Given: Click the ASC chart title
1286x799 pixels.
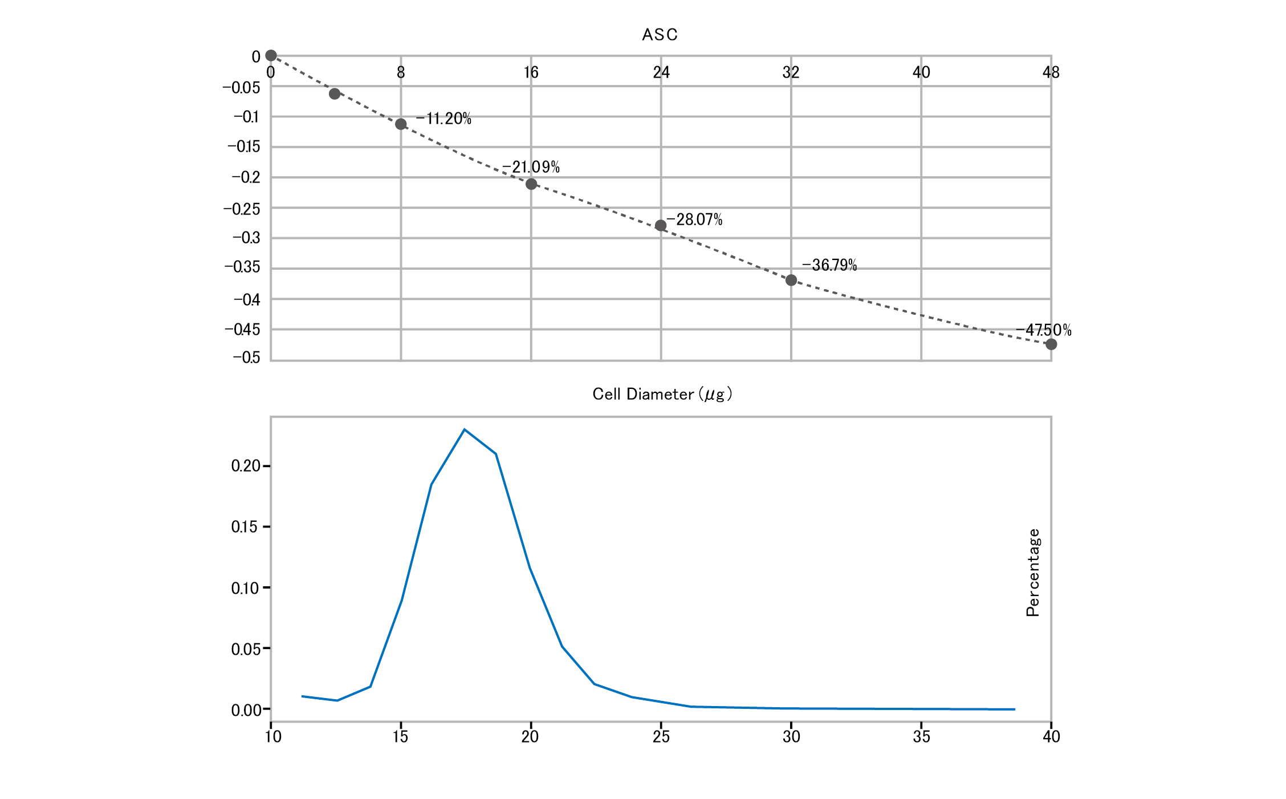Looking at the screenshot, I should [x=660, y=35].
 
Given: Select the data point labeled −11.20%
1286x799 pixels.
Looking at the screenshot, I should [x=401, y=124].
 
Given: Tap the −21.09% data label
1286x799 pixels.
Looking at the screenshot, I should [x=531, y=167].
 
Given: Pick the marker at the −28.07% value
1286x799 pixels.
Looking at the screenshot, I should [x=661, y=226].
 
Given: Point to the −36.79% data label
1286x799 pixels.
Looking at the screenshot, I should [x=829, y=265].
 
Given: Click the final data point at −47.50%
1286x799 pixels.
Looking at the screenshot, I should [x=1051, y=344].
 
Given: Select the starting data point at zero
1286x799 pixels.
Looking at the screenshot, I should [x=271, y=55].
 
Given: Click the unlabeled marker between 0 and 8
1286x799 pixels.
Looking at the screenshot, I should [x=335, y=94].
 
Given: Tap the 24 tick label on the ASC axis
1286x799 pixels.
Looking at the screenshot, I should [x=661, y=72].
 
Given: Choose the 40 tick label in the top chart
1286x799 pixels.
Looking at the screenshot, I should [x=921, y=72].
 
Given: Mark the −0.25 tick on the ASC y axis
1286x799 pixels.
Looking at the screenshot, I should [x=242, y=209].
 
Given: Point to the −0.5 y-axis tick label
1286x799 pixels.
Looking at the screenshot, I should [x=246, y=358].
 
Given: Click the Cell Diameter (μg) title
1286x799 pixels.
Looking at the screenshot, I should [x=662, y=394].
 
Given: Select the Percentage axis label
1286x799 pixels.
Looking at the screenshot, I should [x=1033, y=573].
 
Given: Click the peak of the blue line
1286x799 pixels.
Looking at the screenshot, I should [x=465, y=429].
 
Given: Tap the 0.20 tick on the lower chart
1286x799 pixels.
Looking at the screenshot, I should [x=246, y=466].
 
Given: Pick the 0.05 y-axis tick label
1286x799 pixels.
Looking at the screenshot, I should [x=246, y=649].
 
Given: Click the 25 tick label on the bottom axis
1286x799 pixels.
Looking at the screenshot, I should [x=661, y=737].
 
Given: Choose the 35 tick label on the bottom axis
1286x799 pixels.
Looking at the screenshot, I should [x=921, y=737].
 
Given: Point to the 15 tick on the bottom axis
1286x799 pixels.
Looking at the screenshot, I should [x=401, y=737].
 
